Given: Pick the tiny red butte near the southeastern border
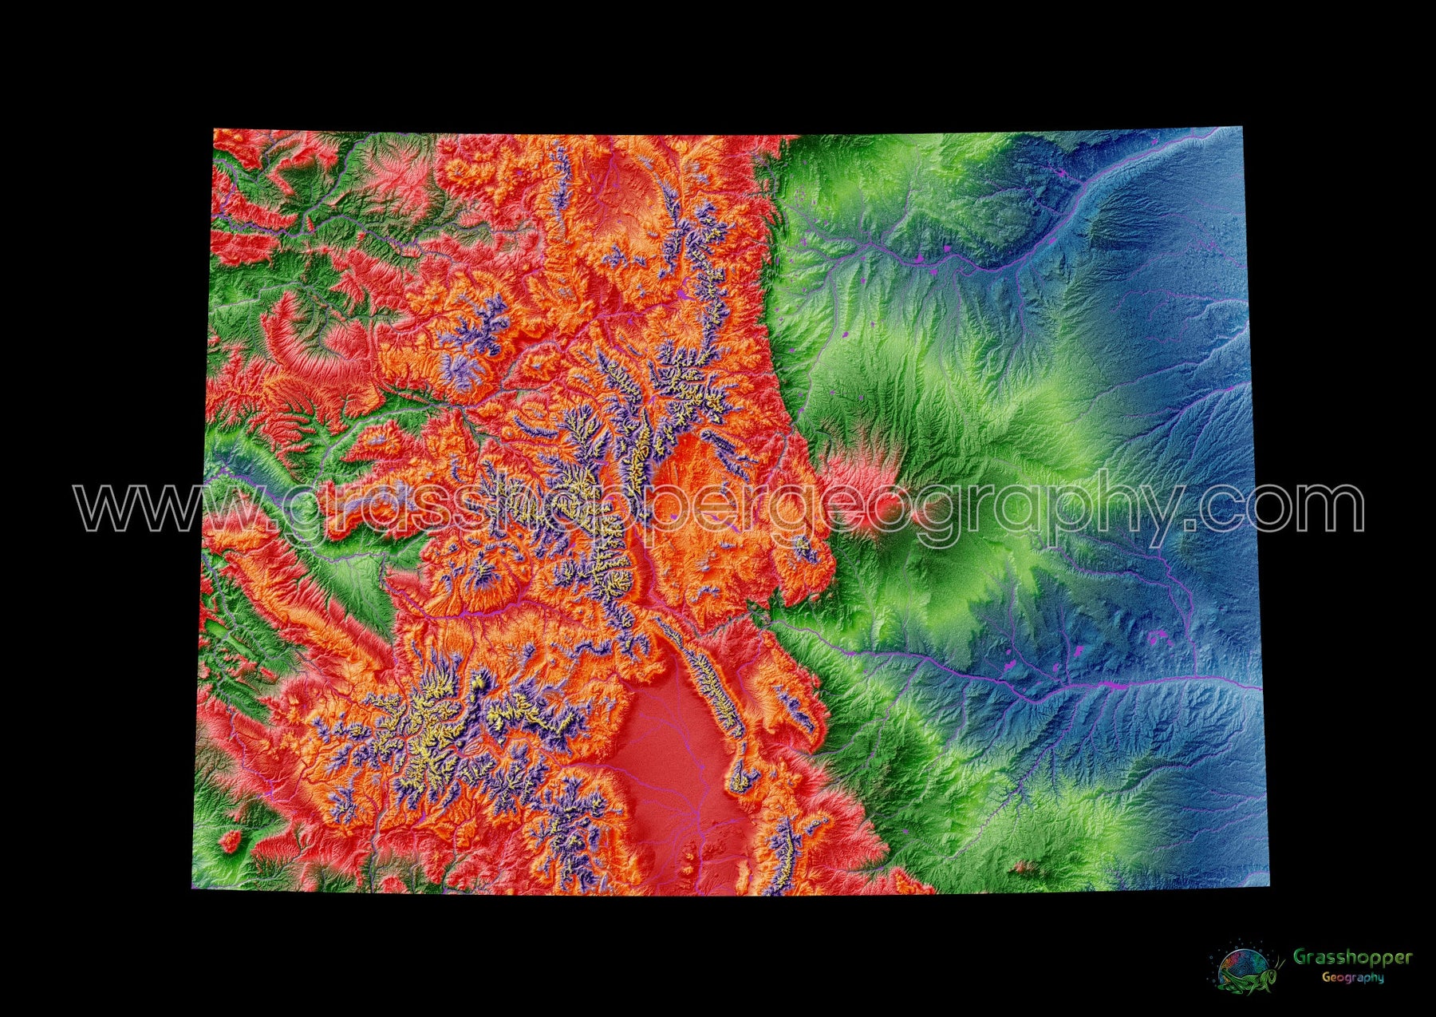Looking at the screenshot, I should pyautogui.click(x=1023, y=866).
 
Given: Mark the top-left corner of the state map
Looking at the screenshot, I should pyautogui.click(x=214, y=129).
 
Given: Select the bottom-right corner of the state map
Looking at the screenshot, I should pyautogui.click(x=1268, y=887).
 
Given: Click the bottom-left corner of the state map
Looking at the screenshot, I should pyautogui.click(x=192, y=888).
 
